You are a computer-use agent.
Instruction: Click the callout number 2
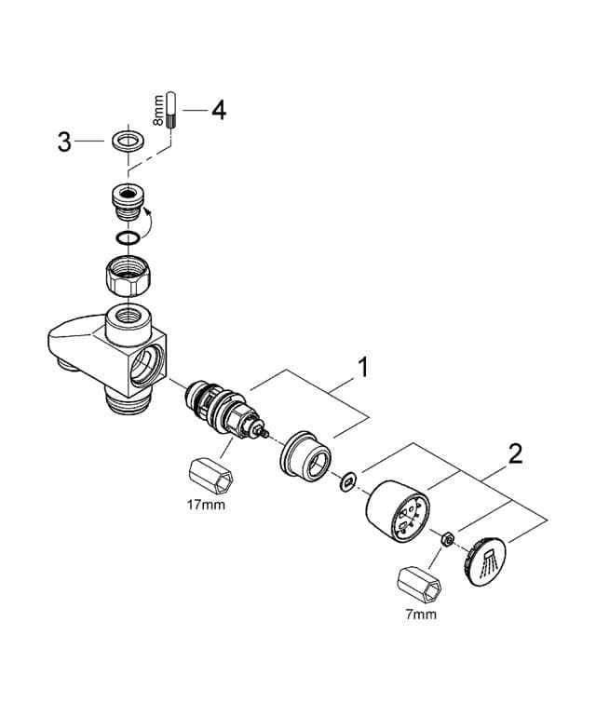point(515,454)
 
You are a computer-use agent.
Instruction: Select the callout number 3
point(64,142)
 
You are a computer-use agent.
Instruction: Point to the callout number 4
point(218,110)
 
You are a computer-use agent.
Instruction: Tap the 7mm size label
point(421,615)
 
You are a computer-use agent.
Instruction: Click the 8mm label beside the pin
point(159,109)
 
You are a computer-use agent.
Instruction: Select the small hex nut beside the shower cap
point(447,538)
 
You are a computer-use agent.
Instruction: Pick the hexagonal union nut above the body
point(129,276)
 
